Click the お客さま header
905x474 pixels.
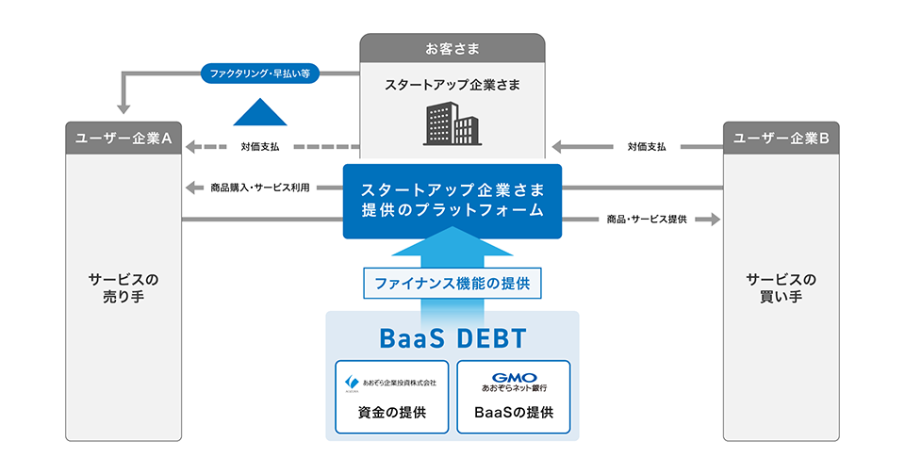pos(452,48)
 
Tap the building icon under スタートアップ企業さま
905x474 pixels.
pos(452,123)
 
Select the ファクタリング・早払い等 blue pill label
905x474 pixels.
pos(260,74)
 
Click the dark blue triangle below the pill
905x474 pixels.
pos(260,112)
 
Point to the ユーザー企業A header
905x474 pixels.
pos(123,138)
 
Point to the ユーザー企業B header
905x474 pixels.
pos(781,138)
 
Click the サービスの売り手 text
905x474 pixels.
pos(123,287)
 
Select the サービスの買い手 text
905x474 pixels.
pos(781,287)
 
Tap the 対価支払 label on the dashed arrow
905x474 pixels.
pos(260,146)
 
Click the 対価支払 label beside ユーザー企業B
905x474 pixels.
pos(647,146)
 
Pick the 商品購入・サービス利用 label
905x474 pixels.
pos(260,188)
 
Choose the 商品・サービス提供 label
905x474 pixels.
pos(647,220)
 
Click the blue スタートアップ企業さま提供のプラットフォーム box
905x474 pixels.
pos(452,202)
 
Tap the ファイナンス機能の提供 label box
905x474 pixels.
pos(452,283)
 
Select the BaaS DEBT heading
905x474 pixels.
pos(452,338)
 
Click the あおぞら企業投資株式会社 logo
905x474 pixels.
pos(390,383)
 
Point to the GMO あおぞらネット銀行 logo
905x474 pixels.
pos(514,383)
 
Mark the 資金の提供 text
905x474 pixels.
pos(392,413)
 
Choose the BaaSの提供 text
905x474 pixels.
pos(514,413)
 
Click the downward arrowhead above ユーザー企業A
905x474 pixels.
pos(123,109)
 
